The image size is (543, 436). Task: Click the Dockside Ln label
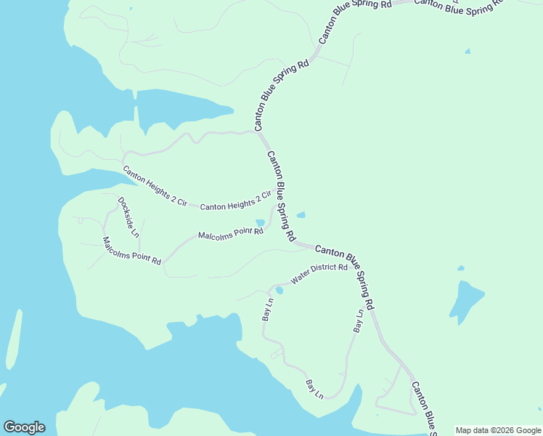click(128, 218)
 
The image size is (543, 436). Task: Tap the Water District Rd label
click(319, 273)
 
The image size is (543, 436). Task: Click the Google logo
click(24, 427)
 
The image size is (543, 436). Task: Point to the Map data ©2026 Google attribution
click(499, 430)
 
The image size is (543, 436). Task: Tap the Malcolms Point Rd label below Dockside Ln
click(131, 251)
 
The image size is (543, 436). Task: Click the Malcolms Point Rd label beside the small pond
click(230, 234)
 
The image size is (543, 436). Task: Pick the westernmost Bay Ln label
click(266, 310)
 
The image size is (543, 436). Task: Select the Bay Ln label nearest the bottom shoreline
click(314, 389)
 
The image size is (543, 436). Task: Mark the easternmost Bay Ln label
click(359, 321)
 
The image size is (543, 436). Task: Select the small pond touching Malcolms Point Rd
click(260, 223)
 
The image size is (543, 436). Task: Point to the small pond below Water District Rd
click(279, 291)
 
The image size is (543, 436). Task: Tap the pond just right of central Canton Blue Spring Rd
click(301, 214)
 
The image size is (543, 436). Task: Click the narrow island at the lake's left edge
click(12, 342)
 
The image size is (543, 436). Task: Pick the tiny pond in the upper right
click(467, 51)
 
